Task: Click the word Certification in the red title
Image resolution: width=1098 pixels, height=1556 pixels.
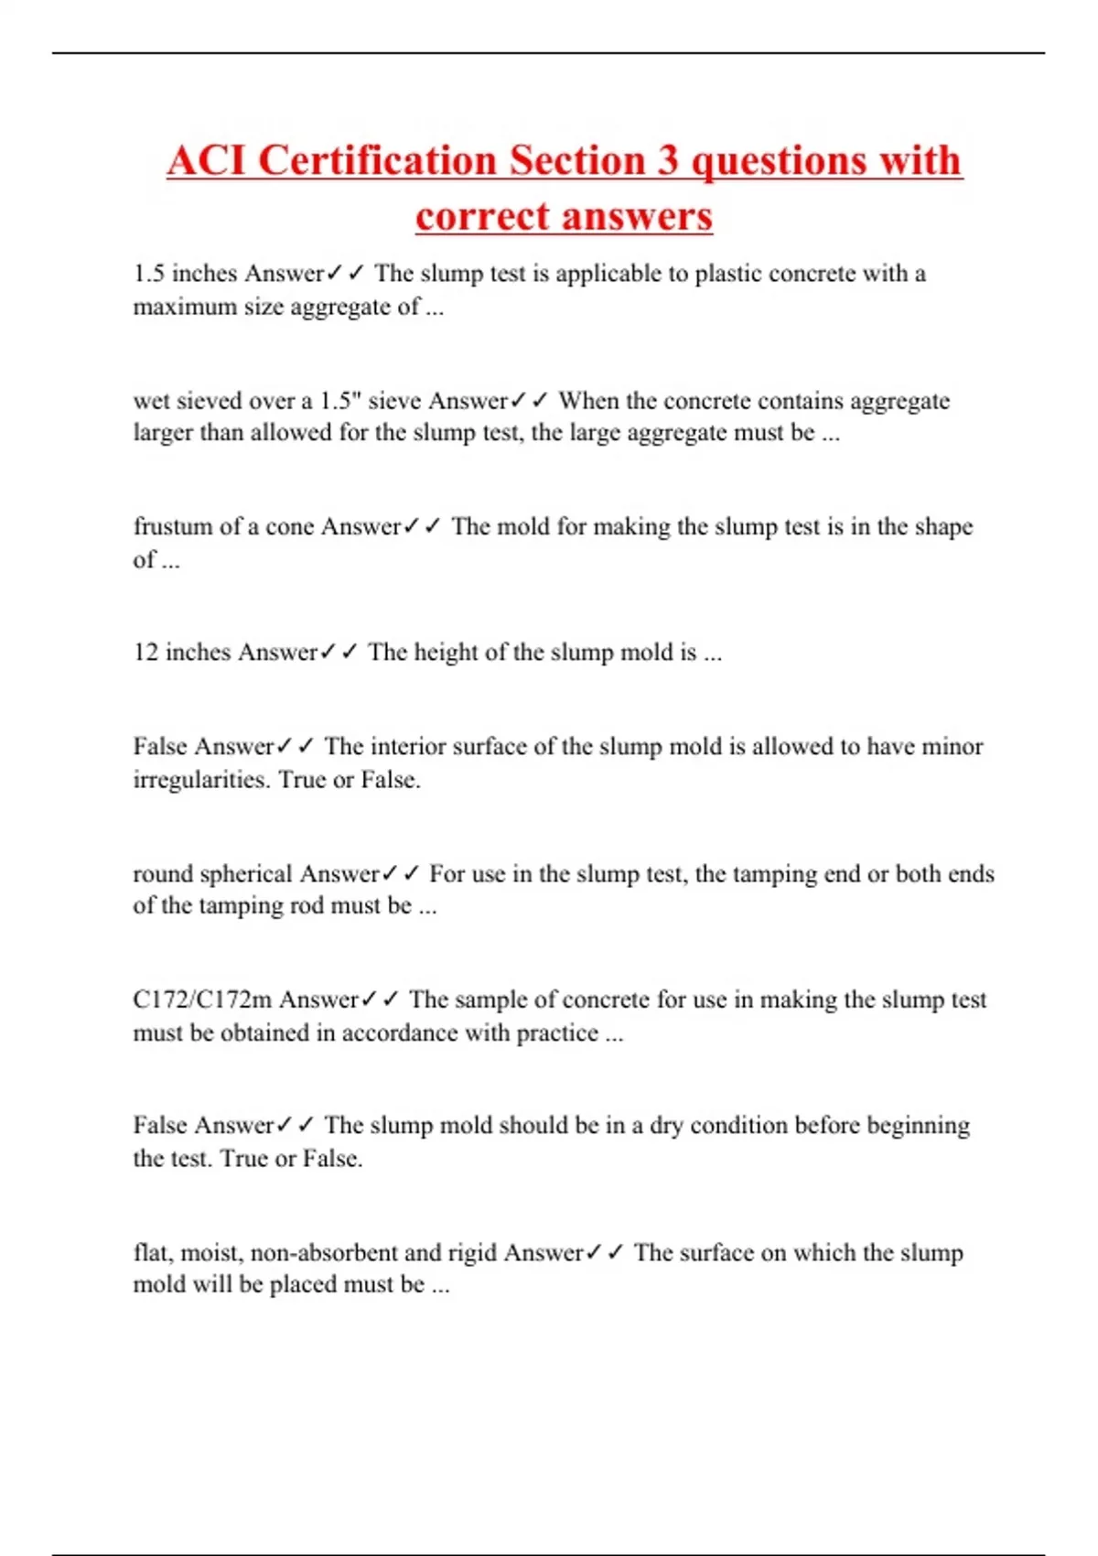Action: pyautogui.click(x=378, y=161)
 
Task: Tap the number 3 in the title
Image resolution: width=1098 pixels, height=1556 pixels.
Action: pyautogui.click(x=668, y=161)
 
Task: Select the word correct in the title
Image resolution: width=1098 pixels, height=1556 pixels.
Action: pyautogui.click(x=481, y=217)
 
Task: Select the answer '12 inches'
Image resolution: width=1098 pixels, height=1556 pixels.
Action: pyautogui.click(x=182, y=653)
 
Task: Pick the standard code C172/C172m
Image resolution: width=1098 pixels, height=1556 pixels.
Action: pyautogui.click(x=202, y=1000)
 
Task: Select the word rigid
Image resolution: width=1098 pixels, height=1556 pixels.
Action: pyautogui.click(x=472, y=1252)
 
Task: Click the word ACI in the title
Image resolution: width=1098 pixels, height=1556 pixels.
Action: pyautogui.click(x=206, y=161)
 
